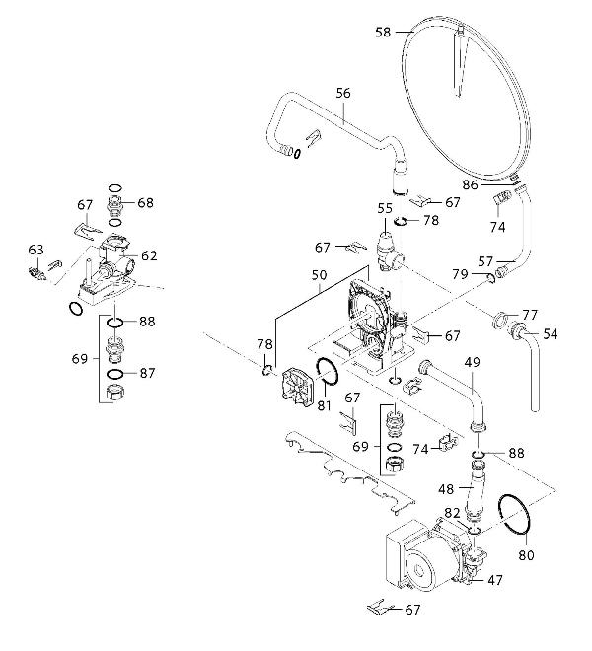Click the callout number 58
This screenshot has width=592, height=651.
384,33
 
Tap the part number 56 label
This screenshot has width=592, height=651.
343,93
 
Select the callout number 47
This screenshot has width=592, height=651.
494,581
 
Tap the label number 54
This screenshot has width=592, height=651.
550,334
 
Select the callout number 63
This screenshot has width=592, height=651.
36,250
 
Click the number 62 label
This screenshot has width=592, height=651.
149,255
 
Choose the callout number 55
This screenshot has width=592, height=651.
385,208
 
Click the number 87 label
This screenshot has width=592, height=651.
147,373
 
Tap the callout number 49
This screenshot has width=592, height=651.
472,363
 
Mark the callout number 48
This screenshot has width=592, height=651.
446,487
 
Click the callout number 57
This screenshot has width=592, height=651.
485,262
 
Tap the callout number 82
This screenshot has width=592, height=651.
452,513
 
